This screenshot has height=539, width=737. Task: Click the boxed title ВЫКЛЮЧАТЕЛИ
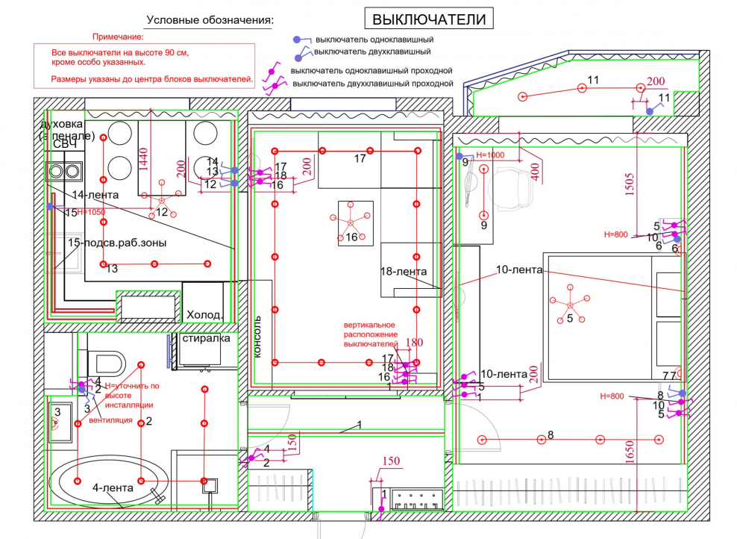point(429,18)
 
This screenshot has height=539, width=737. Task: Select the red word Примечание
point(117,36)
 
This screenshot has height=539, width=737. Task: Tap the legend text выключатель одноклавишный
point(374,39)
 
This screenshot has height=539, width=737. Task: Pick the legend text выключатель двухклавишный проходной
point(373,83)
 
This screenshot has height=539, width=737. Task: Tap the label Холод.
point(204,315)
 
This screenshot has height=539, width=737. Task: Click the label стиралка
point(207,339)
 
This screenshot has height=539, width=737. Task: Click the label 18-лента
point(404,272)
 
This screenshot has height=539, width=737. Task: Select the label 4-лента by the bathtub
point(113,487)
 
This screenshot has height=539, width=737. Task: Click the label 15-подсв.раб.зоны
point(117,243)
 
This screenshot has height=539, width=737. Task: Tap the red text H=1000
point(490,155)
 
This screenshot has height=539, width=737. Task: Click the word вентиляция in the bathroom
point(110,420)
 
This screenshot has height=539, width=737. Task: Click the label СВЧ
point(64,143)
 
